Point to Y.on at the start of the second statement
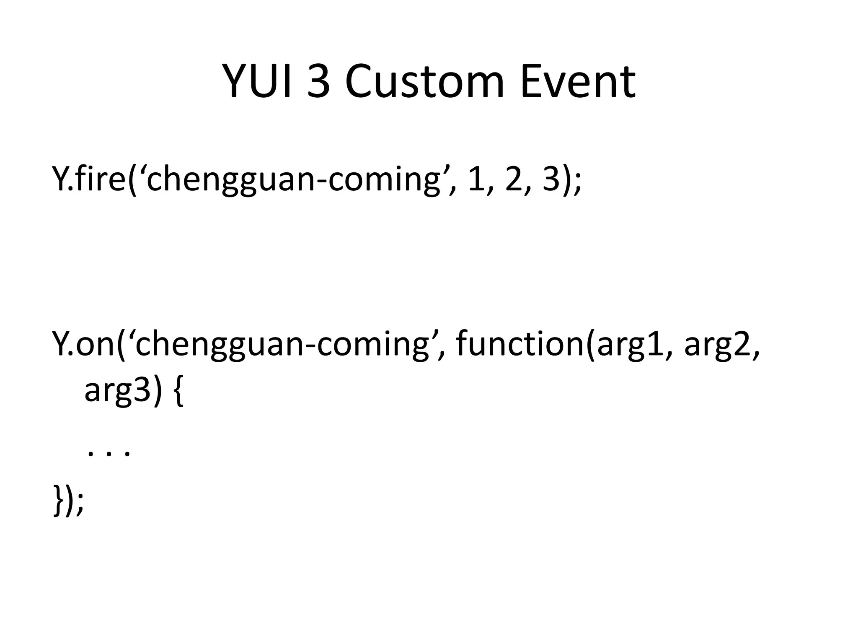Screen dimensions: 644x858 click(84, 344)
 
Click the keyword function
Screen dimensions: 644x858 click(519, 344)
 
